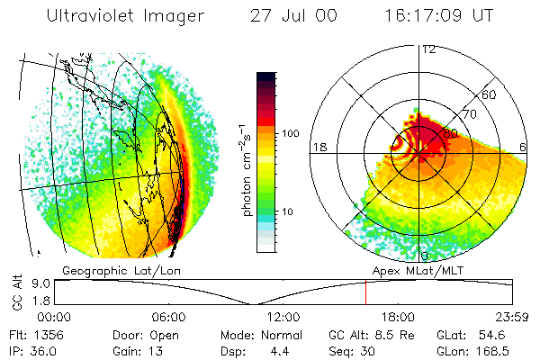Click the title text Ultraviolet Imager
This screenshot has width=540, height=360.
126,16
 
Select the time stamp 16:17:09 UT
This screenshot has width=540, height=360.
440,16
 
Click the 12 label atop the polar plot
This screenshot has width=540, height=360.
429,49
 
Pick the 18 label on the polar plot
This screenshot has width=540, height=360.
318,147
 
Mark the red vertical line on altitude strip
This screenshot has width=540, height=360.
365,292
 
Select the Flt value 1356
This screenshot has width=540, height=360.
47,334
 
